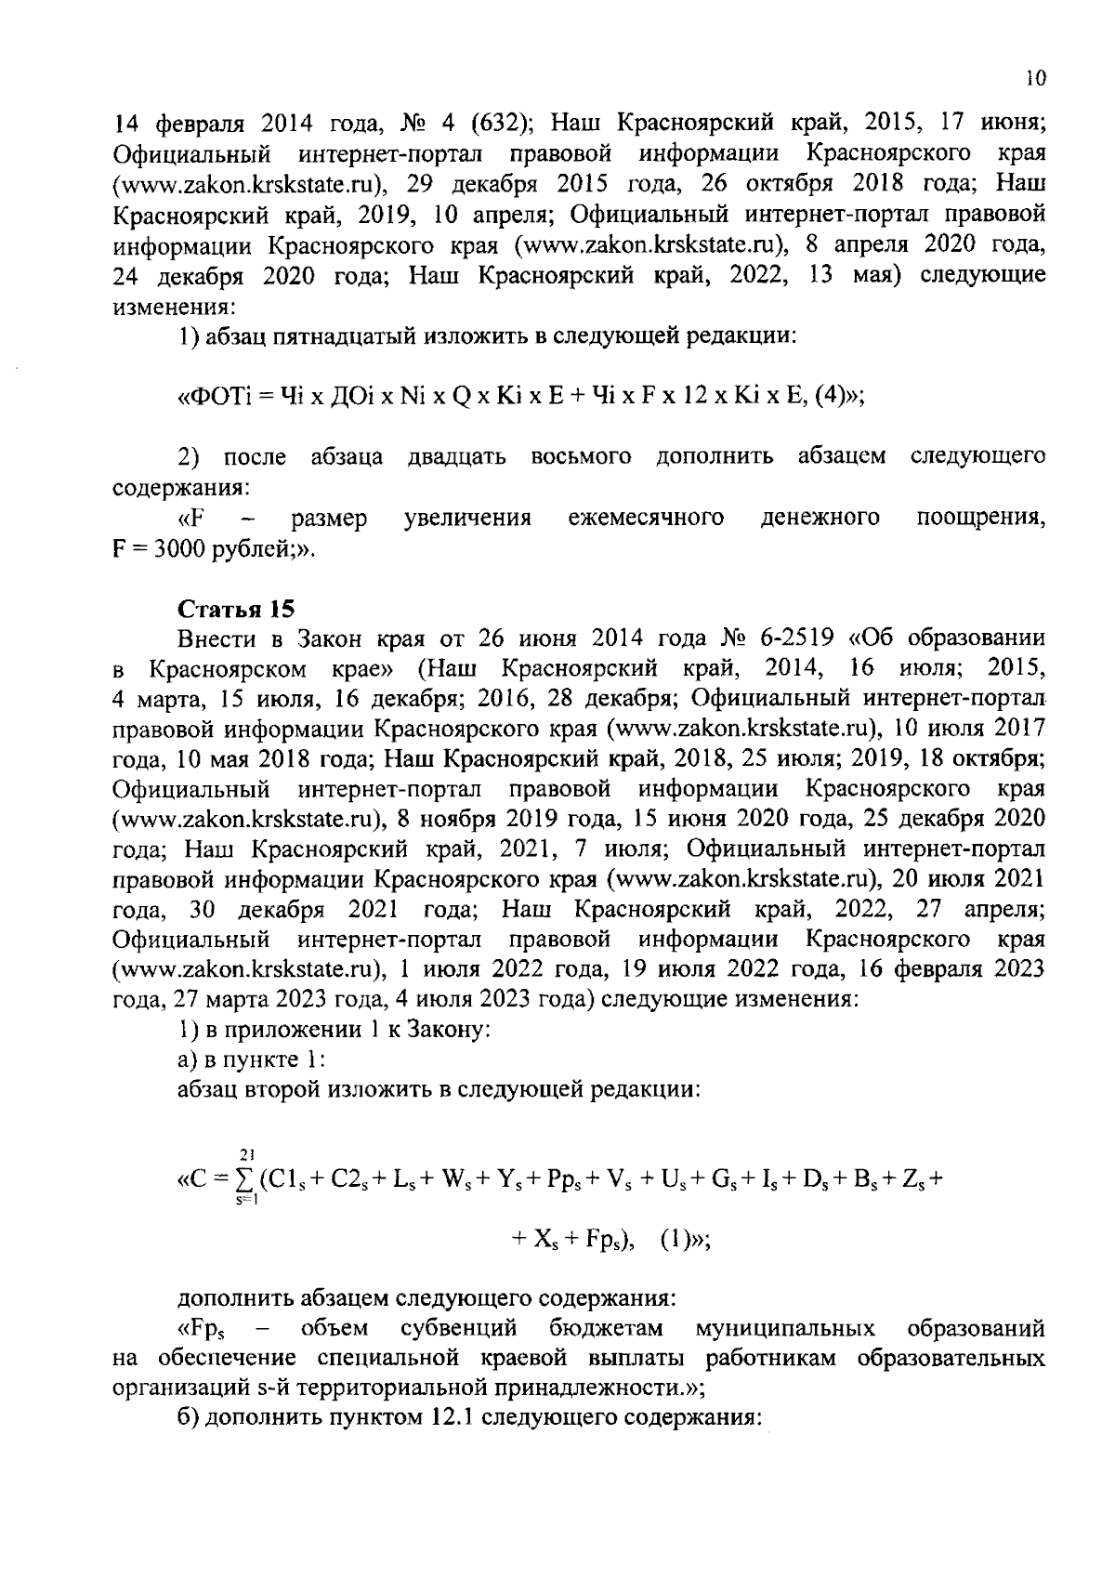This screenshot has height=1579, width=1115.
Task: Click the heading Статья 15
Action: [x=236, y=610]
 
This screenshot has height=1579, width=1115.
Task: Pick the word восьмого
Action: [x=582, y=456]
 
